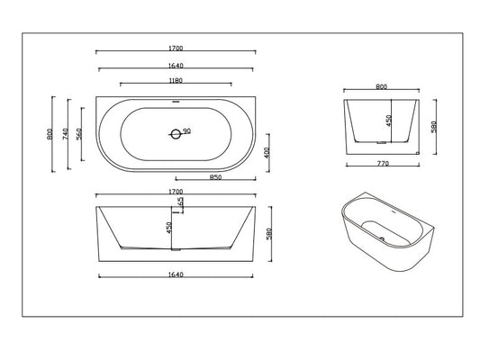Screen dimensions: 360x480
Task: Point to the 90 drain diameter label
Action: tap(187, 131)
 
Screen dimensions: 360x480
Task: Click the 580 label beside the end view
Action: tap(434, 128)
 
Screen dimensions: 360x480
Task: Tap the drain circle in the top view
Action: tap(175, 134)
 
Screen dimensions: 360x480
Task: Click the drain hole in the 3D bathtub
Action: tap(380, 238)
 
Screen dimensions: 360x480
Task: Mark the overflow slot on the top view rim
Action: tap(175, 101)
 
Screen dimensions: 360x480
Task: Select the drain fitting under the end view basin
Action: tap(382, 141)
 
